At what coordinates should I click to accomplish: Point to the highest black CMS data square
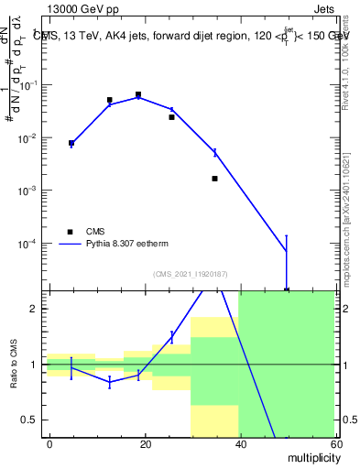click(138, 94)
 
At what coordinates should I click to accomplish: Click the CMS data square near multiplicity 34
click(214, 178)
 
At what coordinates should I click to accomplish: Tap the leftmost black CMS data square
click(71, 143)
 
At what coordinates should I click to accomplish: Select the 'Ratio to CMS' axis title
click(14, 364)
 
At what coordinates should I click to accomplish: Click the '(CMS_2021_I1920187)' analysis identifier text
click(190, 274)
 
